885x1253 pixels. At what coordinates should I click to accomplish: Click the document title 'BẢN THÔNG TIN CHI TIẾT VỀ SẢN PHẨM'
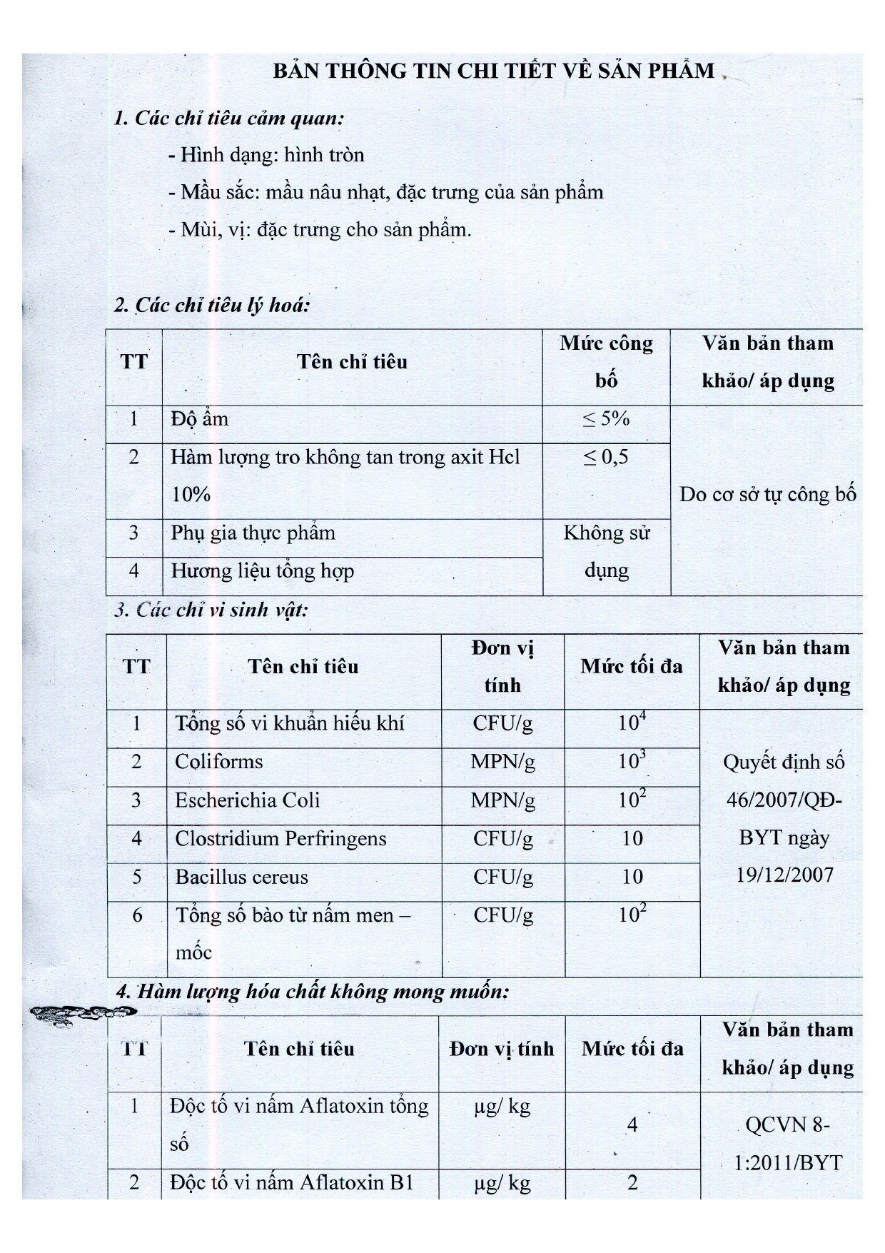[494, 71]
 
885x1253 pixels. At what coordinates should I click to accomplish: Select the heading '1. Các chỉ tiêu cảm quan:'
[229, 118]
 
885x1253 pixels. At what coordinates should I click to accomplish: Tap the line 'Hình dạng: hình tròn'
[267, 155]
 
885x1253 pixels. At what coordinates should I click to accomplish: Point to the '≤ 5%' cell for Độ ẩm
[606, 419]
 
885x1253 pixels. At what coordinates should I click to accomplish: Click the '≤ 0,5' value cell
[606, 458]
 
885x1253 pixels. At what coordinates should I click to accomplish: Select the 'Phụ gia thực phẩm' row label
[253, 533]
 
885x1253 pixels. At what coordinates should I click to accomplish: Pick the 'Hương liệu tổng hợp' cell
[262, 571]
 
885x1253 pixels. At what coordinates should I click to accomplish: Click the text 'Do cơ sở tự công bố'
[767, 495]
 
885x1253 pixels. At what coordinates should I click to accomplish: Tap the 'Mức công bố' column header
[606, 362]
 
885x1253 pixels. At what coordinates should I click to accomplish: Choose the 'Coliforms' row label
[219, 762]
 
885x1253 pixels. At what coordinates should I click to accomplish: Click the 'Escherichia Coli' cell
[248, 800]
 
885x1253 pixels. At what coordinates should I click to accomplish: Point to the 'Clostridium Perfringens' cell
[280, 839]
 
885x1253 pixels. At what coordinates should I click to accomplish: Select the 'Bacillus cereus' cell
[242, 877]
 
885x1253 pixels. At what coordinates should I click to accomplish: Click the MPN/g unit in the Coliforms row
[502, 762]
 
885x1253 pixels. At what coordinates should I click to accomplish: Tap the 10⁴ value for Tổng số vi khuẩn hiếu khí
[632, 723]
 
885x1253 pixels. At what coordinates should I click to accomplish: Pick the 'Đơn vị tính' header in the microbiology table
[502, 667]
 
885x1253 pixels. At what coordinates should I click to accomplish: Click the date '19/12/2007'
[784, 875]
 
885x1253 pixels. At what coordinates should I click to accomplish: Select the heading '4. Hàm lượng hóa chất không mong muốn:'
[313, 992]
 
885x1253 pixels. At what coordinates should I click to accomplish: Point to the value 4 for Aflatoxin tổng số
[632, 1126]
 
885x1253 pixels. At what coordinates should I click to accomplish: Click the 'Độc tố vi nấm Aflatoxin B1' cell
[292, 1183]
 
